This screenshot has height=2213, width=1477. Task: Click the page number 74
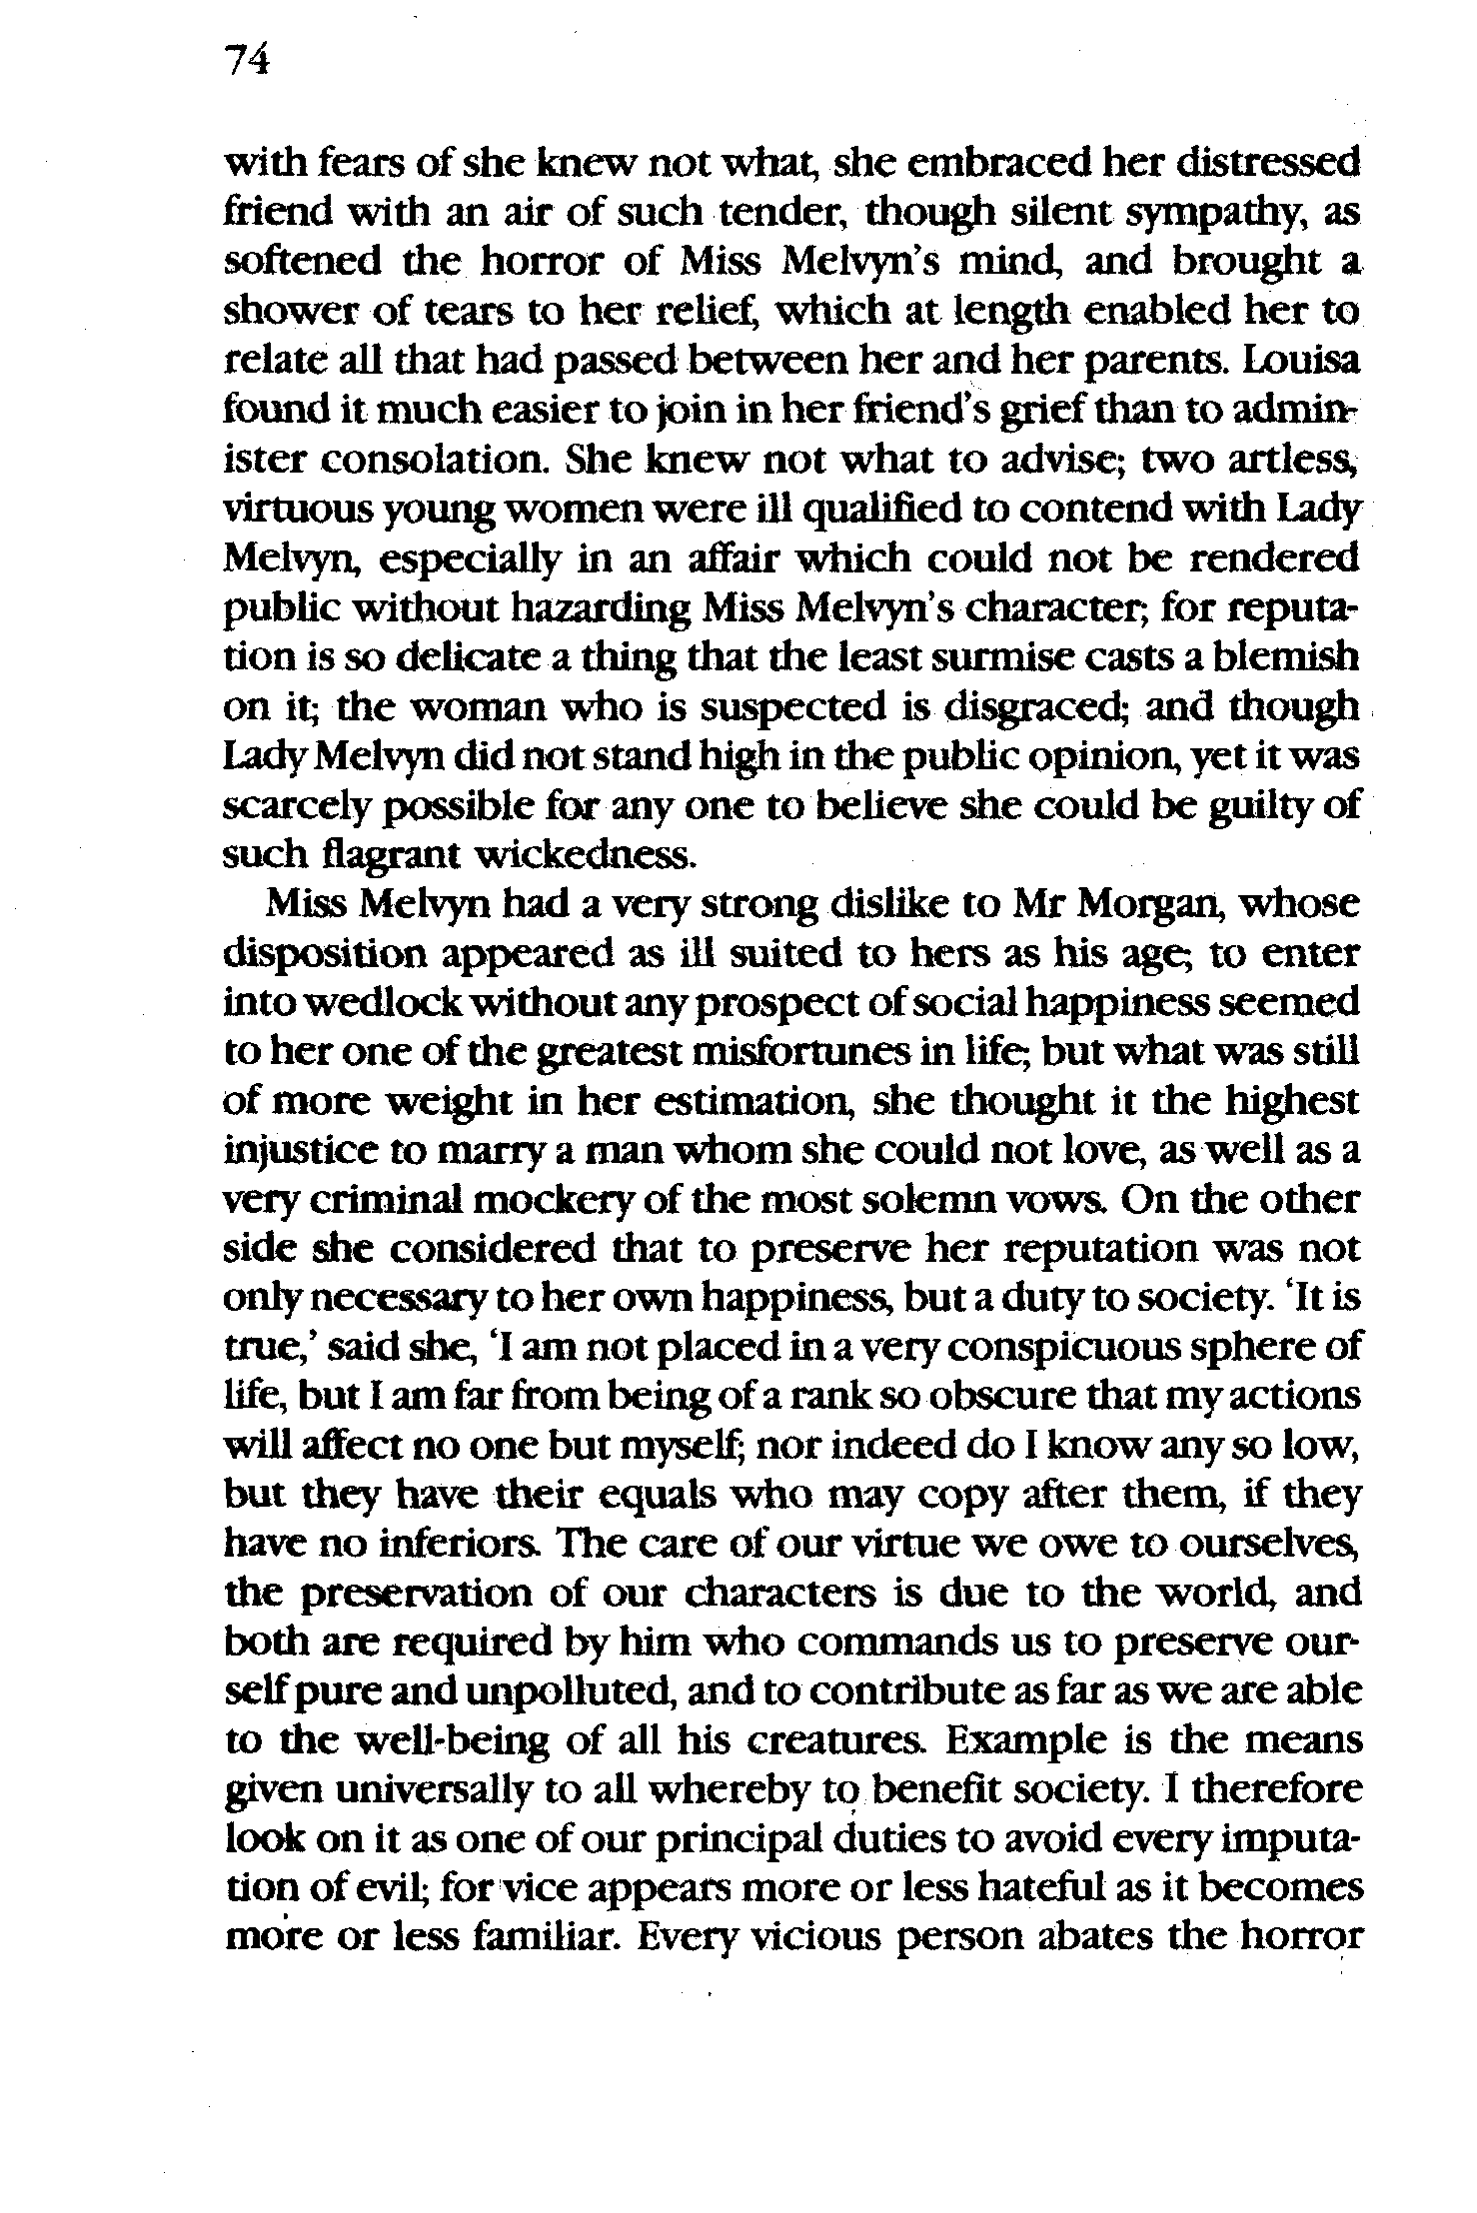tap(248, 63)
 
